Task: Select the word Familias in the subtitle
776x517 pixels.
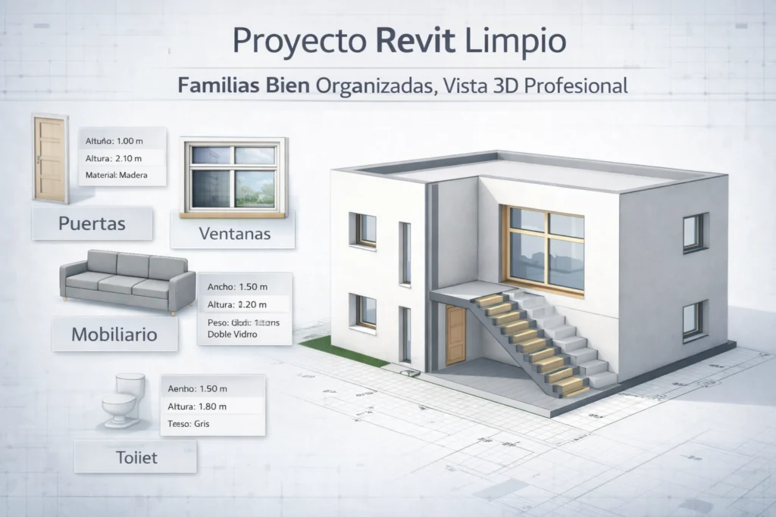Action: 215,86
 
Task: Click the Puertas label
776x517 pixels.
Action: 92,224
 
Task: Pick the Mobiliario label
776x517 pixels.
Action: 114,333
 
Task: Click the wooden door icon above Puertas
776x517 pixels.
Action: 51,160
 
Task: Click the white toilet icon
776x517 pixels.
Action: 124,399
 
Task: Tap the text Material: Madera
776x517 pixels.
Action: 113,176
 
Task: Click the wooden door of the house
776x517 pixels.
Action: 455,336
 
